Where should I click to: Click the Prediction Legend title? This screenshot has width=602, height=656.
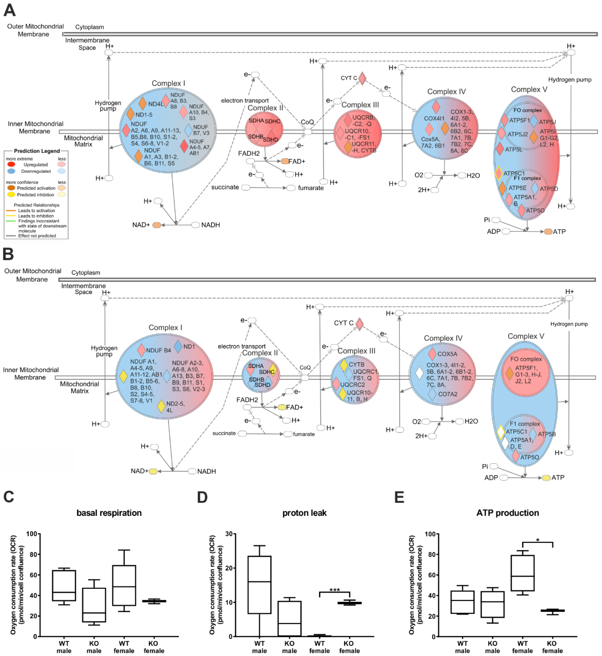click(x=37, y=151)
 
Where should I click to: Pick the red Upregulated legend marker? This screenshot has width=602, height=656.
click(x=11, y=164)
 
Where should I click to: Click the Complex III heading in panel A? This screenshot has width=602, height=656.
click(x=360, y=105)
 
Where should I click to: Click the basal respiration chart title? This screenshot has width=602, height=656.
click(x=109, y=513)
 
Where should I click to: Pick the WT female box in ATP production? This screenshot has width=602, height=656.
click(x=523, y=573)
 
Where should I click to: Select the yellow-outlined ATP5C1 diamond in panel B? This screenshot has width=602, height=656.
click(x=501, y=432)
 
